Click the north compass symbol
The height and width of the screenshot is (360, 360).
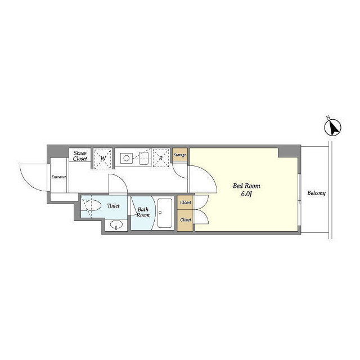pos(332,127)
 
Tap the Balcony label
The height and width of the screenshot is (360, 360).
pos(316,193)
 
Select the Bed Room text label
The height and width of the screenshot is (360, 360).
pos(246,186)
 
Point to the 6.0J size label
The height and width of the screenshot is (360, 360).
pos(246,194)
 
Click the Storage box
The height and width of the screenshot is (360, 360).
pos(180,155)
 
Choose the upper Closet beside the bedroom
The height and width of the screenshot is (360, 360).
pos(185,202)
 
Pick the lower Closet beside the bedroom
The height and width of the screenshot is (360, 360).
pos(185,220)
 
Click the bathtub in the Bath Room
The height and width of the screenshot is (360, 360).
pos(165,213)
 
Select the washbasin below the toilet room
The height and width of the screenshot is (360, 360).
pos(116,225)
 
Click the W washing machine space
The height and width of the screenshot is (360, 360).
pos(103,159)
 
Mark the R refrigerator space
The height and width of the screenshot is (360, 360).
pos(161,158)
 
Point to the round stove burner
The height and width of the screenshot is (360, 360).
pos(126,158)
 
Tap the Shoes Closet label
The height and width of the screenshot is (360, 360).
pos(80,156)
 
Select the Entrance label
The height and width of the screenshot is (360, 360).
pos(58,177)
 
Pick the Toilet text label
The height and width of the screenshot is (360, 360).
pos(114,205)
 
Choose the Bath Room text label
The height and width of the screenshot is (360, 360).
pos(143,212)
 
